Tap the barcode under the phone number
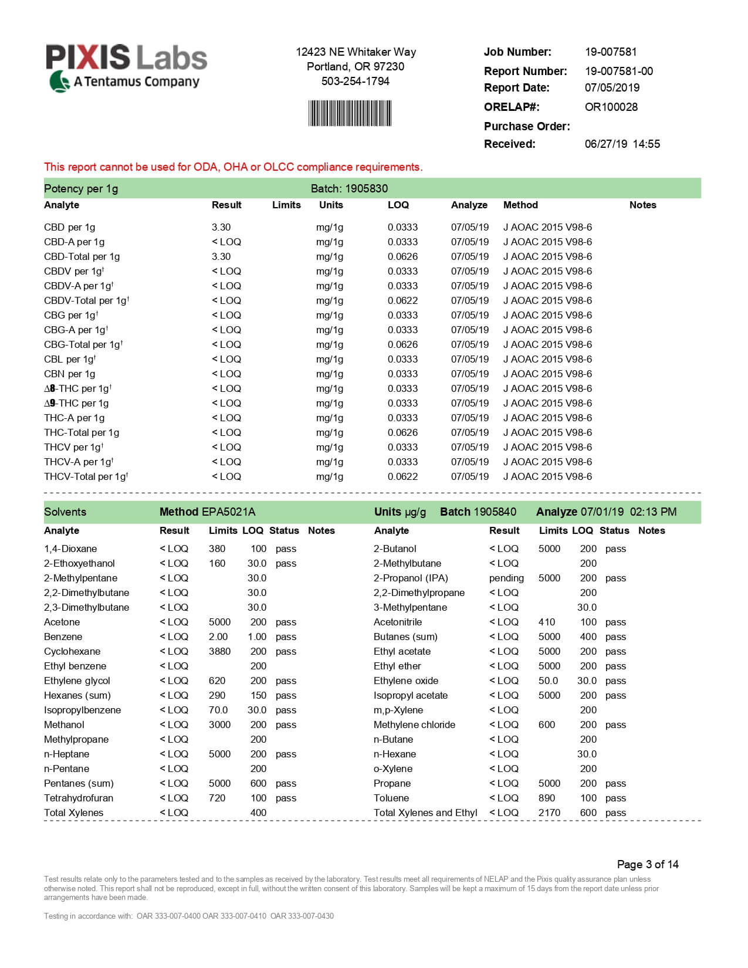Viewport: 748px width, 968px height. (x=350, y=113)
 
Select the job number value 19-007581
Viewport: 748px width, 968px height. (x=611, y=52)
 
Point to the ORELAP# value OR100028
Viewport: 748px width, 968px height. (x=611, y=107)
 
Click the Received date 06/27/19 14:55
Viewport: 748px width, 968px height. (x=622, y=144)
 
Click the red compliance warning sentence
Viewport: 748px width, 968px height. (x=233, y=167)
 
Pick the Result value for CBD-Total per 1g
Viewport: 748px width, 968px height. (x=221, y=256)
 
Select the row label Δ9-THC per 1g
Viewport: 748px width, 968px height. (x=76, y=403)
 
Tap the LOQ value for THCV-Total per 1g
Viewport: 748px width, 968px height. (x=402, y=476)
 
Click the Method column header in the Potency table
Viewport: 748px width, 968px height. (x=520, y=205)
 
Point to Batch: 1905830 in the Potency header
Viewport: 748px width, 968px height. (x=349, y=188)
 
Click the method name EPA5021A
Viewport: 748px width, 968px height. (x=228, y=512)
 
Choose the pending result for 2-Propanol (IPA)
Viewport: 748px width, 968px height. (x=506, y=578)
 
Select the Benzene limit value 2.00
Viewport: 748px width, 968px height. (x=218, y=637)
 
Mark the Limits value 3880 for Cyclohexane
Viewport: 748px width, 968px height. (x=219, y=651)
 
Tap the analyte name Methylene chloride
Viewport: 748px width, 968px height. (x=414, y=725)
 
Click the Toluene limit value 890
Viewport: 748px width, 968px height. (x=546, y=798)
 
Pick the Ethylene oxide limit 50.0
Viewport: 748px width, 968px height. (x=548, y=681)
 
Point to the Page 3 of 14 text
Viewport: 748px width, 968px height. (x=648, y=864)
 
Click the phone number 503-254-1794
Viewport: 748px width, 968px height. (x=355, y=81)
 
